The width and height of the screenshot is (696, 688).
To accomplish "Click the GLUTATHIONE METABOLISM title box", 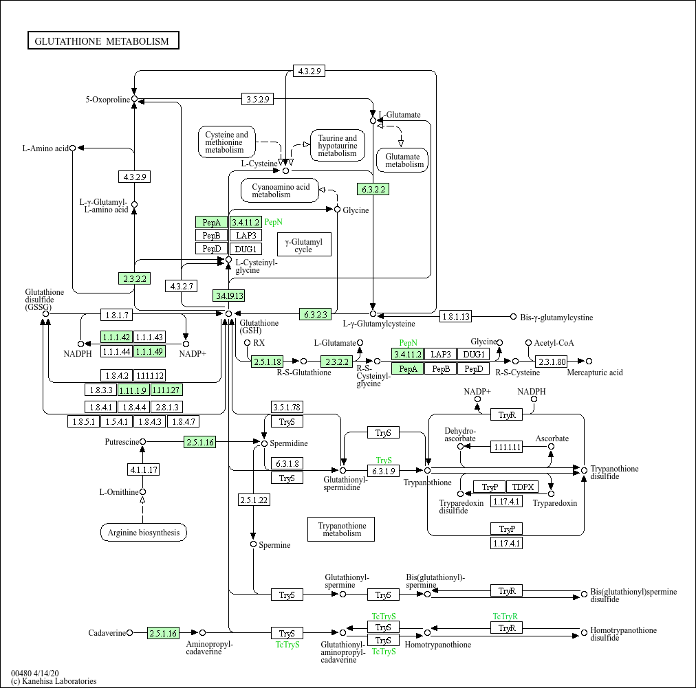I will tap(103, 41).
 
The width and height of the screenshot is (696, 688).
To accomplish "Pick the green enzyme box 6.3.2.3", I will tap(316, 315).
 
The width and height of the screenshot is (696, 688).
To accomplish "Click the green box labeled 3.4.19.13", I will tap(229, 296).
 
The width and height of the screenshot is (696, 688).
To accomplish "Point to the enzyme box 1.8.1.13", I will tap(456, 317).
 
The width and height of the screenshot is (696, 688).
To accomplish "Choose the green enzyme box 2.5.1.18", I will tap(268, 362).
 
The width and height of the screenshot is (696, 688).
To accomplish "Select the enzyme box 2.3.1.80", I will tap(552, 362).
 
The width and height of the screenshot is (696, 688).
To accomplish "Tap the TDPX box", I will tap(523, 487).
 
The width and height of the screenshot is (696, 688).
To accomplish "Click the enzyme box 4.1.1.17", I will tap(143, 470).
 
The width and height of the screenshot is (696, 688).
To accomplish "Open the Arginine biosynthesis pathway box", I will tap(144, 533).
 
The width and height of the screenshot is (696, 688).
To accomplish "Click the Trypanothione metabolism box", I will tap(341, 529).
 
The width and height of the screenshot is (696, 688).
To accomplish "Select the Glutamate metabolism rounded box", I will tap(402, 160).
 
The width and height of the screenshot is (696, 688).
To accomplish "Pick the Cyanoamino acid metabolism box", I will tap(280, 190).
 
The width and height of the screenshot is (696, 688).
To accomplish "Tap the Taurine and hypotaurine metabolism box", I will tap(337, 146).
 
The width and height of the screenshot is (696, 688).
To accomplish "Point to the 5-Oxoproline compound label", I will tap(107, 100).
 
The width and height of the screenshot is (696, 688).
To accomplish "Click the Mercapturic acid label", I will tap(594, 373).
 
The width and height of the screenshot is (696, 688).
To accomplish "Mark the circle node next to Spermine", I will tap(253, 544).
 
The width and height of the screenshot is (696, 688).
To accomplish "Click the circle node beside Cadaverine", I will tap(129, 633).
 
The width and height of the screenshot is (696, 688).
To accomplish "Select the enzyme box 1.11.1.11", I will tap(507, 447).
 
